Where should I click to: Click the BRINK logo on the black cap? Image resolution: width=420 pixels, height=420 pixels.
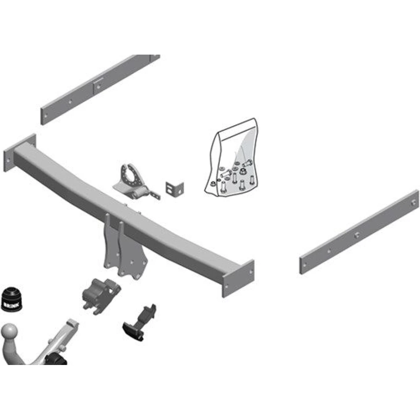[x=11, y=304]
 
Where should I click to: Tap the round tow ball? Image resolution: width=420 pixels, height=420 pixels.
[x=10, y=332]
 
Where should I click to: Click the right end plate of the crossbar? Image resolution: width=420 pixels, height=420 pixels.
[x=238, y=278]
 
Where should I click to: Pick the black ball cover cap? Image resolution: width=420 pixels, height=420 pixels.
[x=11, y=299]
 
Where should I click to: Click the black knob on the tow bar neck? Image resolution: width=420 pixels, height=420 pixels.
[x=56, y=359]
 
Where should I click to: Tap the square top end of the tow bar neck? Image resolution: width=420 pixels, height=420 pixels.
[x=72, y=323]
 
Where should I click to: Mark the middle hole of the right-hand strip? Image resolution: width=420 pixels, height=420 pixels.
[x=356, y=236]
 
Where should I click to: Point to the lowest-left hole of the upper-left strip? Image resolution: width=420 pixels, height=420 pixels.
[x=46, y=116]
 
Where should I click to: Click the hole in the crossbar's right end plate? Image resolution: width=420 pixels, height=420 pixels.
[x=251, y=272]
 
